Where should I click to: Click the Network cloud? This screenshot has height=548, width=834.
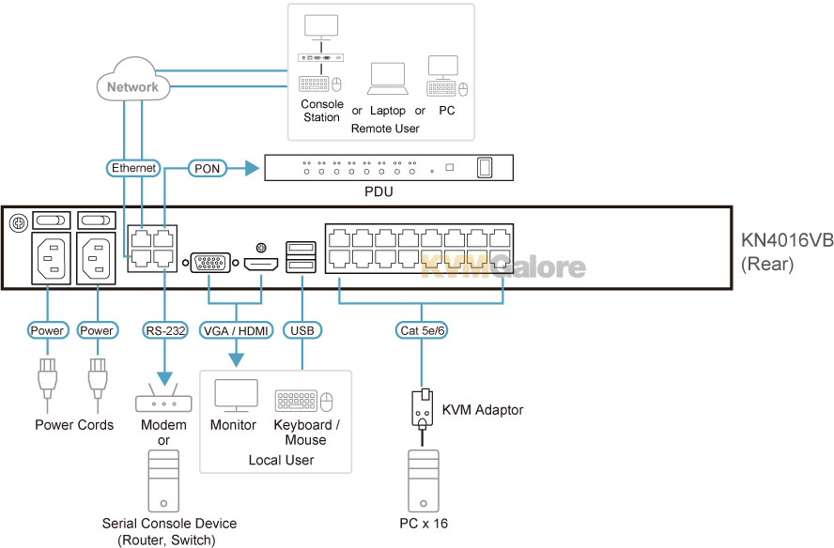click(x=133, y=81)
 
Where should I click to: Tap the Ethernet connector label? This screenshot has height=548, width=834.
click(x=133, y=168)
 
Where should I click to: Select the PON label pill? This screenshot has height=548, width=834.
click(x=207, y=169)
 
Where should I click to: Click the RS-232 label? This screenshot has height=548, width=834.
click(x=165, y=330)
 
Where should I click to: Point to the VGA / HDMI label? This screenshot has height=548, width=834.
click(x=236, y=330)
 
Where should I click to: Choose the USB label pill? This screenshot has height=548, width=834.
click(x=302, y=330)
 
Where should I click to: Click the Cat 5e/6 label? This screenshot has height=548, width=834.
click(x=422, y=330)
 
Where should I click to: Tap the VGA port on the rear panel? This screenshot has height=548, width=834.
click(x=210, y=263)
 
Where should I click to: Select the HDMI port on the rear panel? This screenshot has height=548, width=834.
click(x=261, y=264)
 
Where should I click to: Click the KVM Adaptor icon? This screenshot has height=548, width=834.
click(x=423, y=409)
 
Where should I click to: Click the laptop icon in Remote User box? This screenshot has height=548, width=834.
click(x=388, y=79)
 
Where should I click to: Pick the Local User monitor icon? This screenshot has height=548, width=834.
click(x=236, y=395)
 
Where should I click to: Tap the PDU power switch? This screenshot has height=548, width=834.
click(x=485, y=167)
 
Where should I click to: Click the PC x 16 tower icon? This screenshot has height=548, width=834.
click(x=424, y=481)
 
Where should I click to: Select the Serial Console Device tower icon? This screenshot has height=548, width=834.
click(x=163, y=481)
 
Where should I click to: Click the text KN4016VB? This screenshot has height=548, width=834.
click(x=787, y=240)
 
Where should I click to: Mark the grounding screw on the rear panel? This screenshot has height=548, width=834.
click(x=19, y=222)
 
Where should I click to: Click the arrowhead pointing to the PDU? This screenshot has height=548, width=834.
click(x=251, y=169)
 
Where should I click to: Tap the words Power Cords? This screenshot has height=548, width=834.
click(x=74, y=425)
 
